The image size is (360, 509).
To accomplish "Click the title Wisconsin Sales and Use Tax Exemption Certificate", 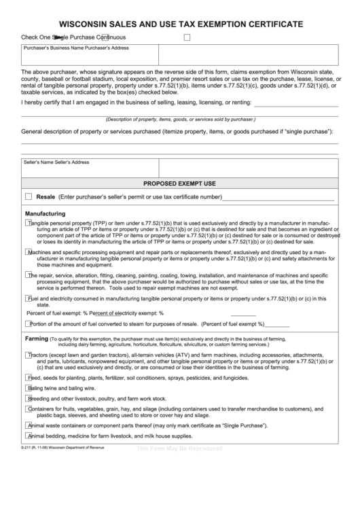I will [x=180, y=24].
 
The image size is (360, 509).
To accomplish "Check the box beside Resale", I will [x=28, y=196].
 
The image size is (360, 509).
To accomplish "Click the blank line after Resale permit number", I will [x=278, y=198].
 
